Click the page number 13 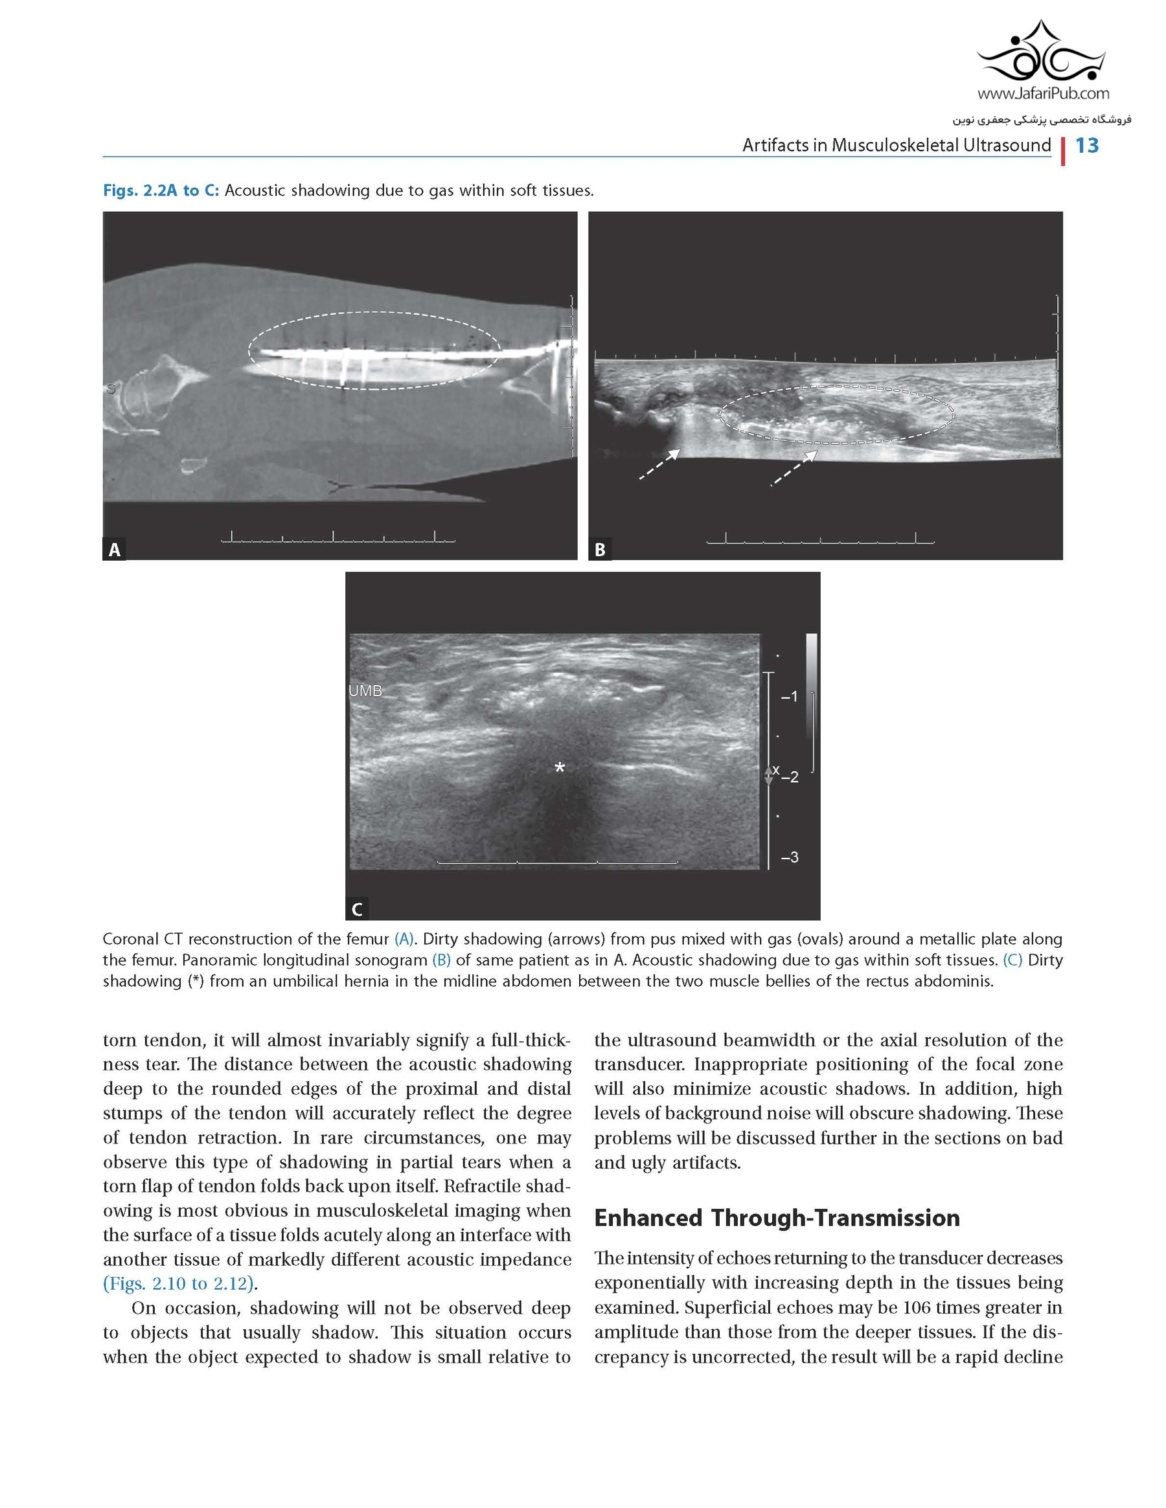(x=1086, y=146)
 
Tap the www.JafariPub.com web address (x=1044, y=93)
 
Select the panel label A (x=115, y=550)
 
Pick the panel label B (x=600, y=550)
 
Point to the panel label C (x=357, y=909)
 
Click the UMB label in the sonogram (x=365, y=690)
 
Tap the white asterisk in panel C (x=560, y=768)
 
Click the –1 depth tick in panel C (x=790, y=697)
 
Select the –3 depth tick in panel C (x=790, y=857)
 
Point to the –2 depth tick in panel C (x=790, y=778)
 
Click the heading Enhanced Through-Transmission (x=777, y=1218)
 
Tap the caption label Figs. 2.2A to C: (x=161, y=190)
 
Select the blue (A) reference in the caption (x=404, y=939)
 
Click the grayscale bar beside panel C (x=812, y=677)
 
